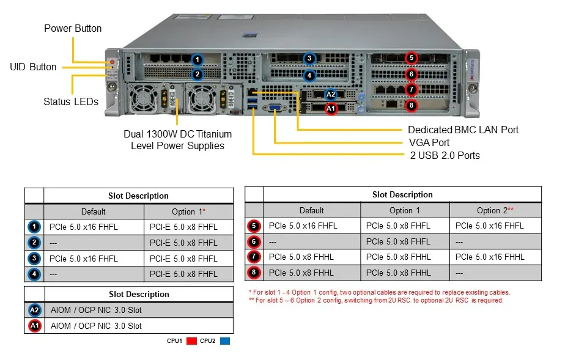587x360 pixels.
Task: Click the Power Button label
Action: pyautogui.click(x=73, y=29)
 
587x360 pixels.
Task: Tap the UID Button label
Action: pyautogui.click(x=33, y=67)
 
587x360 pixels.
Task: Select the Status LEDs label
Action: pyautogui.click(x=71, y=102)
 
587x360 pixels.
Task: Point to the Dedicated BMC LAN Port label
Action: pyautogui.click(x=463, y=130)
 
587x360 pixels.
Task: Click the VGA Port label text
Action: pyautogui.click(x=429, y=142)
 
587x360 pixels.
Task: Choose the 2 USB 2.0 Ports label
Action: pyautogui.click(x=445, y=155)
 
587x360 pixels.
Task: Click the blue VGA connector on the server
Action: pyautogui.click(x=275, y=108)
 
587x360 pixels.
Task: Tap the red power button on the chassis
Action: pyautogui.click(x=112, y=62)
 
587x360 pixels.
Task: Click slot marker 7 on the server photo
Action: pyautogui.click(x=411, y=89)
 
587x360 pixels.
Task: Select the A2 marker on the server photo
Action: pyautogui.click(x=330, y=94)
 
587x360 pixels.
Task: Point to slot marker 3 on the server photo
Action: pyautogui.click(x=309, y=59)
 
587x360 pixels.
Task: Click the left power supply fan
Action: pyautogui.click(x=143, y=98)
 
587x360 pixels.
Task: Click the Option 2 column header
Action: pyautogui.click(x=495, y=210)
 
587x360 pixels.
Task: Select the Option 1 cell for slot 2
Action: pyautogui.click(x=183, y=243)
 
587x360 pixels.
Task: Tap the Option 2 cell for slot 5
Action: pyautogui.click(x=489, y=226)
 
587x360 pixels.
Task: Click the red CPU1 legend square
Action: pyautogui.click(x=191, y=341)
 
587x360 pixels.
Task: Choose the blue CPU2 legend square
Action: pyautogui.click(x=225, y=341)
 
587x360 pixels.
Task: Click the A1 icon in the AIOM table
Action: pyautogui.click(x=34, y=326)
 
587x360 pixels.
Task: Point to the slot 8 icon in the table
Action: pyautogui.click(x=254, y=273)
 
